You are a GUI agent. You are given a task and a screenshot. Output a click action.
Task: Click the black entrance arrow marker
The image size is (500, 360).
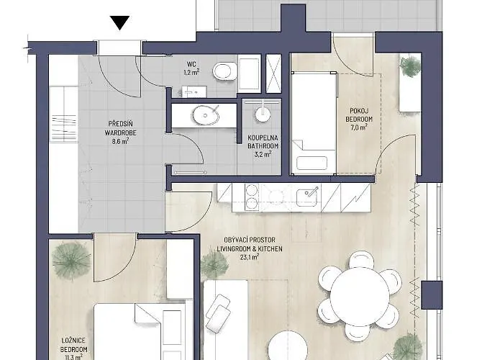pos(120,22)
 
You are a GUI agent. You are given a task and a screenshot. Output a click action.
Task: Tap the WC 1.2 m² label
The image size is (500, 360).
pos(192,68)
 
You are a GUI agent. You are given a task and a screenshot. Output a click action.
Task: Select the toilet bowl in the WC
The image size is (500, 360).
pos(225,71)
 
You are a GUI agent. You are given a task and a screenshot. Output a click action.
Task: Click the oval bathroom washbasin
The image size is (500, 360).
pos(206,115)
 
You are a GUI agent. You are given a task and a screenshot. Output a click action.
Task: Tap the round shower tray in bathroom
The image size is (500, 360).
pos(263,114)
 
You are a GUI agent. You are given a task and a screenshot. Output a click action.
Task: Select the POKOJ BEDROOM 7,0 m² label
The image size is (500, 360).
pos(359,119)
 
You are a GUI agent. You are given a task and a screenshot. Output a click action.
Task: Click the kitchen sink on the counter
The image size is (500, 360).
pos(306,197)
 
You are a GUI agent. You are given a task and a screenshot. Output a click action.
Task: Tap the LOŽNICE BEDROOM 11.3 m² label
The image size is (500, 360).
pos(73,349)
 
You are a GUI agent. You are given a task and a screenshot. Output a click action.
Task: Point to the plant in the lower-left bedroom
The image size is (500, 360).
pos(72,261)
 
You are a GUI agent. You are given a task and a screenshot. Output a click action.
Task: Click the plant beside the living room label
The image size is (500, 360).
pos(214,264)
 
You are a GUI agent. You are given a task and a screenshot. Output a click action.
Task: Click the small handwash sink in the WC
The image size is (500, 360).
pos(194,92)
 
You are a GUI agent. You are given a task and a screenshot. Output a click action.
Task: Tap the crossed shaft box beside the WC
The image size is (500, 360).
pos(273,73)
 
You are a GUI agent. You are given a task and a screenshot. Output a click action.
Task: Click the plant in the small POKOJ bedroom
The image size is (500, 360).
pos(409,66)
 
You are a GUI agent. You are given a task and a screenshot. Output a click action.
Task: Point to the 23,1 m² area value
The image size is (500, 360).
pos(250,257)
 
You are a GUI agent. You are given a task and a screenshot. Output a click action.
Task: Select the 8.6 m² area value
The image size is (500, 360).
pos(120,140)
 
